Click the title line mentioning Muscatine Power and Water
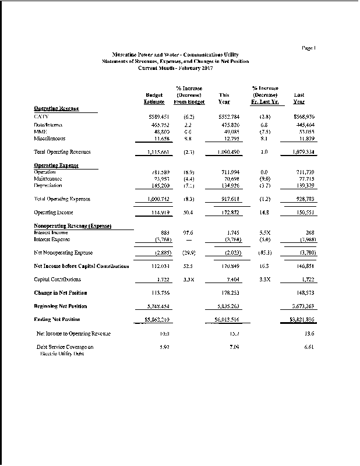click(x=175, y=54)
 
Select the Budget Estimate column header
click(x=154, y=98)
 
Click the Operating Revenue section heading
click(x=56, y=108)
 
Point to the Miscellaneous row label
click(x=50, y=139)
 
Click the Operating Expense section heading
click(x=56, y=165)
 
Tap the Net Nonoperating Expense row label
click(x=64, y=253)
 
